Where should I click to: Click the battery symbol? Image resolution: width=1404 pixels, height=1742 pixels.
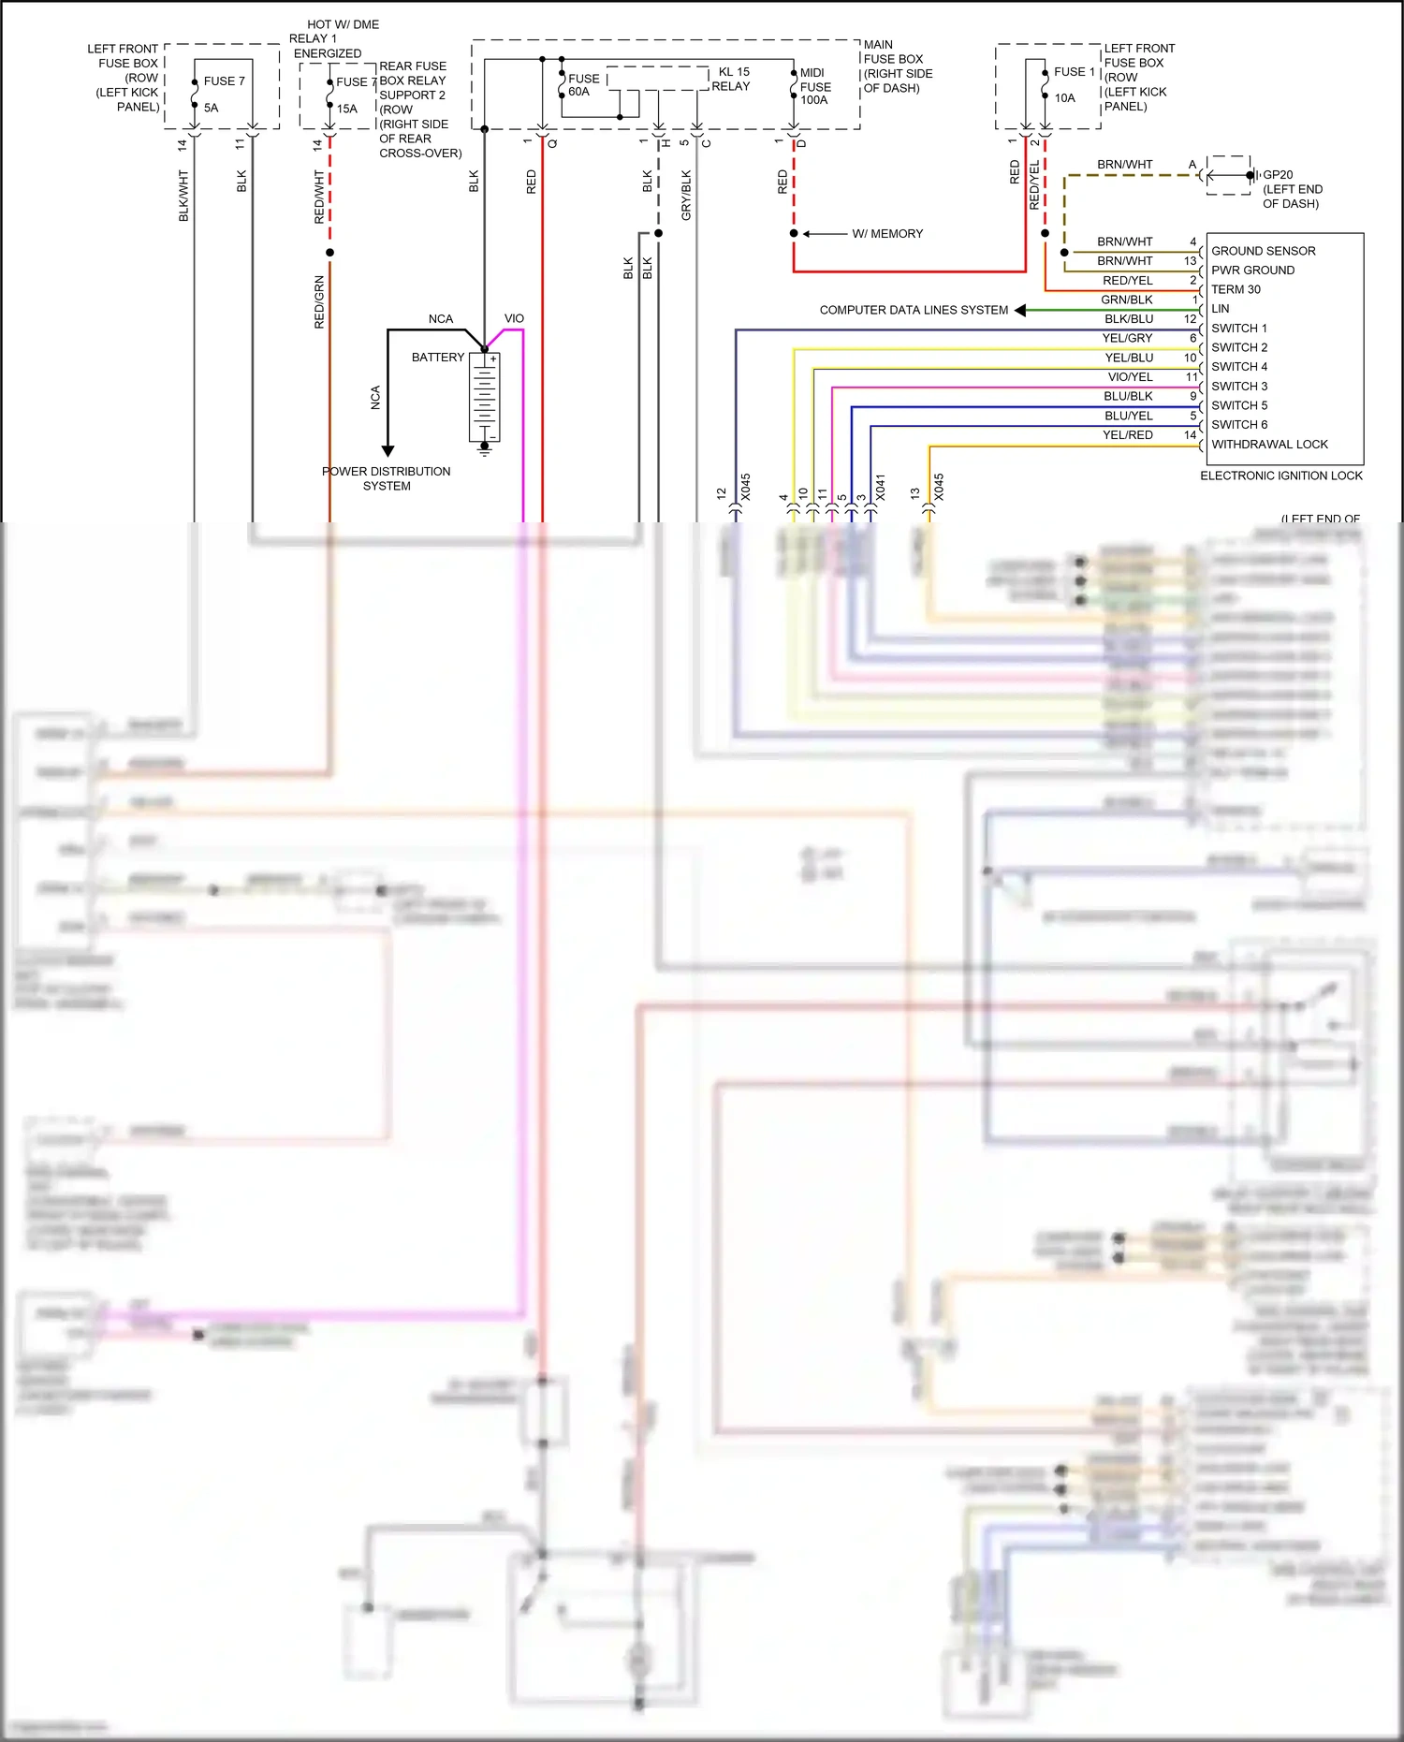click(484, 397)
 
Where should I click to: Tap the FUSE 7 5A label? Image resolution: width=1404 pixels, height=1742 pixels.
click(223, 94)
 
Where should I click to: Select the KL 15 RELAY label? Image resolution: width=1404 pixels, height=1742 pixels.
click(731, 79)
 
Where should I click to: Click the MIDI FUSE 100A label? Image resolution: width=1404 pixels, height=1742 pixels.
click(814, 86)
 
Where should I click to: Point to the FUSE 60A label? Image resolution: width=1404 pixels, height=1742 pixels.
click(582, 85)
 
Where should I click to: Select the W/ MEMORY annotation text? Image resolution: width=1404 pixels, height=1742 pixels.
click(886, 234)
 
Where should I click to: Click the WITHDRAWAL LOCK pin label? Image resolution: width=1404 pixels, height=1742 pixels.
click(1268, 445)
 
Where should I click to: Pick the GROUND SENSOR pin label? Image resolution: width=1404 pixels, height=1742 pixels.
click(1263, 251)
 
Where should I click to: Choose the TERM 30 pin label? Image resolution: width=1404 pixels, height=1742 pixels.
click(1236, 289)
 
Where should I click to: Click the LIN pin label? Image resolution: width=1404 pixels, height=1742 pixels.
click(1220, 309)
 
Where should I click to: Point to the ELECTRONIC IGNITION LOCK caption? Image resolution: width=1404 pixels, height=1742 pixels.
click(1280, 476)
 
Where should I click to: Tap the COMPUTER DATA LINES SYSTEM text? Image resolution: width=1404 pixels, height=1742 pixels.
click(914, 310)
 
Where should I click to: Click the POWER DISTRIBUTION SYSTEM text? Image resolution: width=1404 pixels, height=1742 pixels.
click(387, 478)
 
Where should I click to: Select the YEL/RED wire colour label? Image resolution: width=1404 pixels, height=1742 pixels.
click(1127, 435)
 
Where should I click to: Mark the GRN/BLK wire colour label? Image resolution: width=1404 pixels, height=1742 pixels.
click(1126, 300)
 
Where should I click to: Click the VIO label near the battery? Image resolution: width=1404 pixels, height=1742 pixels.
click(514, 319)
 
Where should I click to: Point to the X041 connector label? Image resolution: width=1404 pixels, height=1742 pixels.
click(880, 487)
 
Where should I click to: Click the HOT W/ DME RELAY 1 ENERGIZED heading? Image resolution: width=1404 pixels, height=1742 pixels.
click(334, 38)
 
